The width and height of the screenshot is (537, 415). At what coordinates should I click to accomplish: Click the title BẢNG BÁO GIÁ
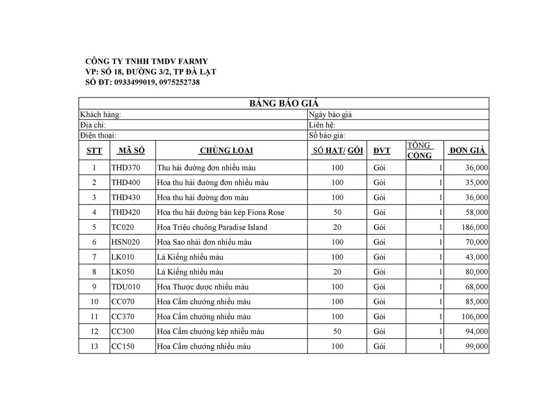pos(284,103)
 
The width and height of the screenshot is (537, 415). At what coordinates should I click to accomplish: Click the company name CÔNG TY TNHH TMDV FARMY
pos(146,61)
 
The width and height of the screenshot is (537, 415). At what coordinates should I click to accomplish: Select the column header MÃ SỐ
pos(131,151)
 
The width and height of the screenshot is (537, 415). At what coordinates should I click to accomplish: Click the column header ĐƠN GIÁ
pos(467,151)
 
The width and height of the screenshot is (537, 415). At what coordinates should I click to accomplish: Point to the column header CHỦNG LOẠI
pos(226,151)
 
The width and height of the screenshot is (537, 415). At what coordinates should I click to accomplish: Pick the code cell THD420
pos(126,212)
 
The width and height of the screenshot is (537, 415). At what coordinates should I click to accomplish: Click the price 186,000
pos(475,227)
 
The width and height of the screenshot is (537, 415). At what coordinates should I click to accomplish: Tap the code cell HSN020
pos(126,242)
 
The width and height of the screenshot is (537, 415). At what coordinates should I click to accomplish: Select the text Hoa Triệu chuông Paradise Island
pos(212,227)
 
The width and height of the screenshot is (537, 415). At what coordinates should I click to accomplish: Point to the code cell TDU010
pos(126,287)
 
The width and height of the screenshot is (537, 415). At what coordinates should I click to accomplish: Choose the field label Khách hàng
pos(100,115)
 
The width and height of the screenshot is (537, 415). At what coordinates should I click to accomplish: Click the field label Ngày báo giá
pos(330,115)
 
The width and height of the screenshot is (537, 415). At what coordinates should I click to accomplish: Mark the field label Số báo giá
pos(327,135)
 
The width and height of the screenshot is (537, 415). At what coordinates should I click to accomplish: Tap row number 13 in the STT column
pos(94,347)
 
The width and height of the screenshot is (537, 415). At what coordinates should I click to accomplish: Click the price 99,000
pos(477,347)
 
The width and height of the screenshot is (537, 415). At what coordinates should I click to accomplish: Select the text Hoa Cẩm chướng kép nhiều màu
pos(211,332)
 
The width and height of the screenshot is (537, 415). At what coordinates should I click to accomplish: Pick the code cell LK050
pos(123,272)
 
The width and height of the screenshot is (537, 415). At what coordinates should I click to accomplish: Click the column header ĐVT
pos(382,151)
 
